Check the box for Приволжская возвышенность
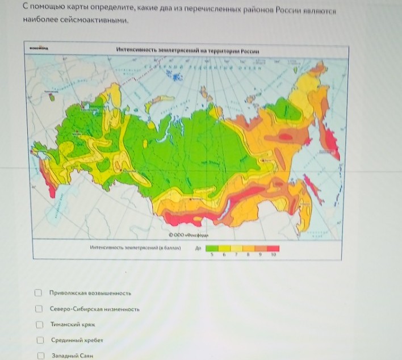[39, 293]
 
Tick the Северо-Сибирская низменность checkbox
[39, 309]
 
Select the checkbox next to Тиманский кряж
[39, 325]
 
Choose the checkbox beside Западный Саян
[40, 356]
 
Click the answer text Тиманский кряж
[72, 325]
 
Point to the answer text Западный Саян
[72, 356]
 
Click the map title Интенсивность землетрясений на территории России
[187, 51]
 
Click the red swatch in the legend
[273, 248]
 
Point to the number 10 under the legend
[273, 256]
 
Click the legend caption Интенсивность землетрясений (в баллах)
[135, 248]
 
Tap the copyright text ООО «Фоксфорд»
[189, 234]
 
